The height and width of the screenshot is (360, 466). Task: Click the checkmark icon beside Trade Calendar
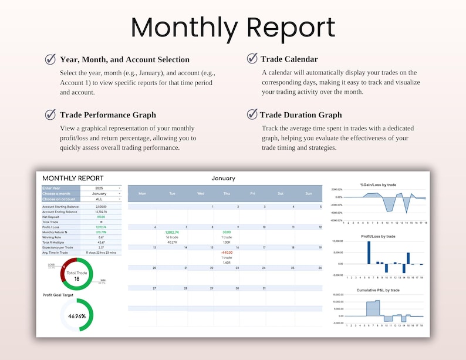pyautogui.click(x=252, y=58)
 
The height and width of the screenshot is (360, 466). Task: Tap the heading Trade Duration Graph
pyautogui.click(x=300, y=115)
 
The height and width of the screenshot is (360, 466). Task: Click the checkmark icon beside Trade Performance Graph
pyautogui.click(x=50, y=115)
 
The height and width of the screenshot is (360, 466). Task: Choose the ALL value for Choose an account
pyautogui.click(x=99, y=199)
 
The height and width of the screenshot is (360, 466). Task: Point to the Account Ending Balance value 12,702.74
pyautogui.click(x=101, y=211)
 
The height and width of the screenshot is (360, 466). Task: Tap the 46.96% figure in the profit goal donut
pyautogui.click(x=77, y=315)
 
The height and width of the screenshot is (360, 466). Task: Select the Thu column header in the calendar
pyautogui.click(x=227, y=193)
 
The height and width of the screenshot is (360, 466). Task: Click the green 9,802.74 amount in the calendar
pyautogui.click(x=172, y=232)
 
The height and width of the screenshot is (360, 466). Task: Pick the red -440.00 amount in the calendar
pyautogui.click(x=227, y=253)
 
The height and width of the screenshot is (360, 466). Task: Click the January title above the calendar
pyautogui.click(x=223, y=178)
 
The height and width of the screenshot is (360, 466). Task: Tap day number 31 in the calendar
pyautogui.click(x=265, y=288)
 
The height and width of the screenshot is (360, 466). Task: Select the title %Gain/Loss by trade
pyautogui.click(x=378, y=185)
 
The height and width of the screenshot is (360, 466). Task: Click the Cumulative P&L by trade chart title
pyautogui.click(x=378, y=290)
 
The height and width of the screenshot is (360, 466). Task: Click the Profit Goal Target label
pyautogui.click(x=58, y=295)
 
